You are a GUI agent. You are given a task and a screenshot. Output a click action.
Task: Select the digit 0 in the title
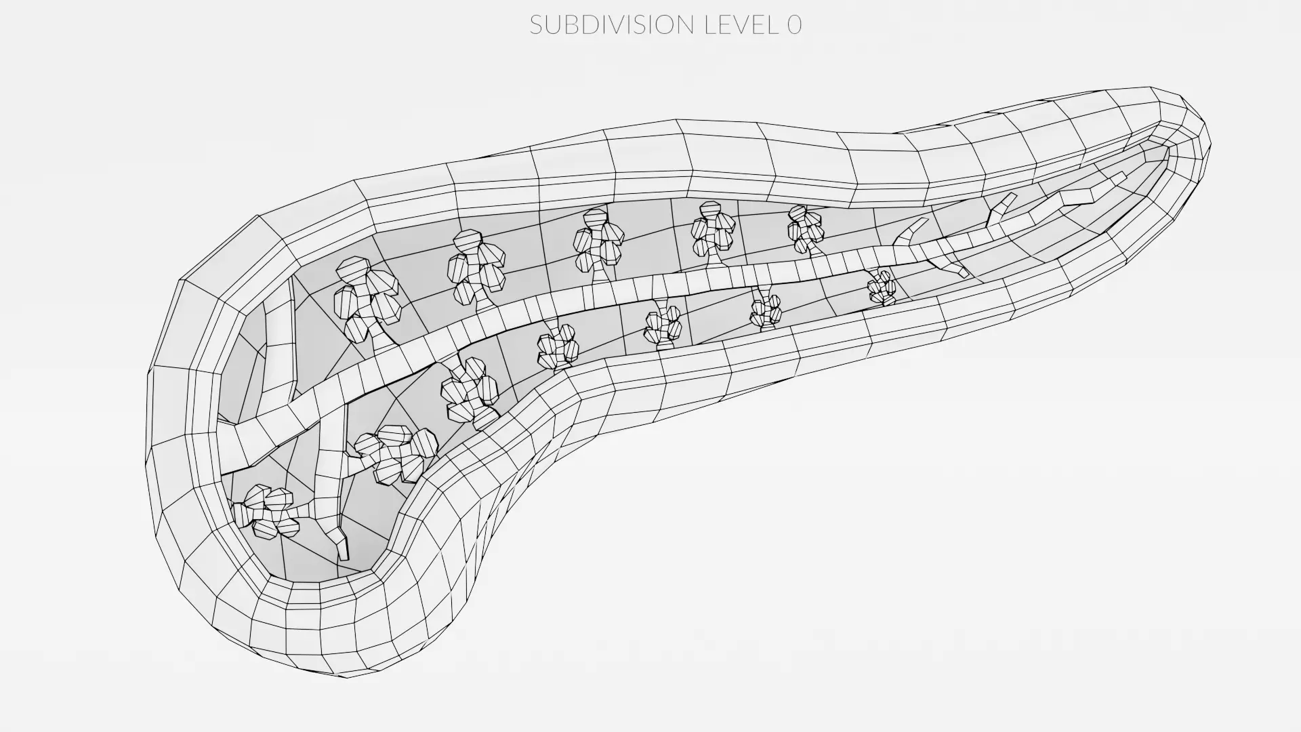point(795,25)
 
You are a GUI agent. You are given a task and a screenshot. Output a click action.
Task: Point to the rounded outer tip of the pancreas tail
point(1203,142)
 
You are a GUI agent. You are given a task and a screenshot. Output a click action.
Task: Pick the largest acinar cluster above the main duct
point(366,298)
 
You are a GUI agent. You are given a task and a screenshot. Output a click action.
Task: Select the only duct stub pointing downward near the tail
point(949,265)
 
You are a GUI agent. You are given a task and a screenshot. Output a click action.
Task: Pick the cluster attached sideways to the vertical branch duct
point(396,454)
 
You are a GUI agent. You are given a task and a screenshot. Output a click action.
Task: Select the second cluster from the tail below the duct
point(766,310)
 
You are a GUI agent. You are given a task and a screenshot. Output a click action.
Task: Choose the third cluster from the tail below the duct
point(663,325)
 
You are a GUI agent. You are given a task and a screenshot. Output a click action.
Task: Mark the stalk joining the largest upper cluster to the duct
point(384,337)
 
